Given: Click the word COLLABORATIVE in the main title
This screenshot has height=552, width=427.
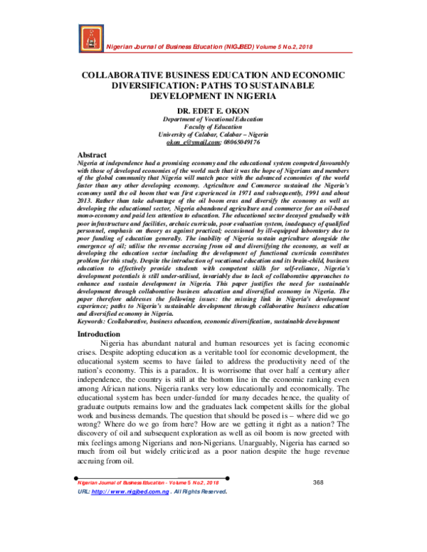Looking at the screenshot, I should (122, 75).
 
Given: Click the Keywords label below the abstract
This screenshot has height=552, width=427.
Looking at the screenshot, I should (93, 321).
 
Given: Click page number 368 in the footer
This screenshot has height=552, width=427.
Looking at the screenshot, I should (318, 483).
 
